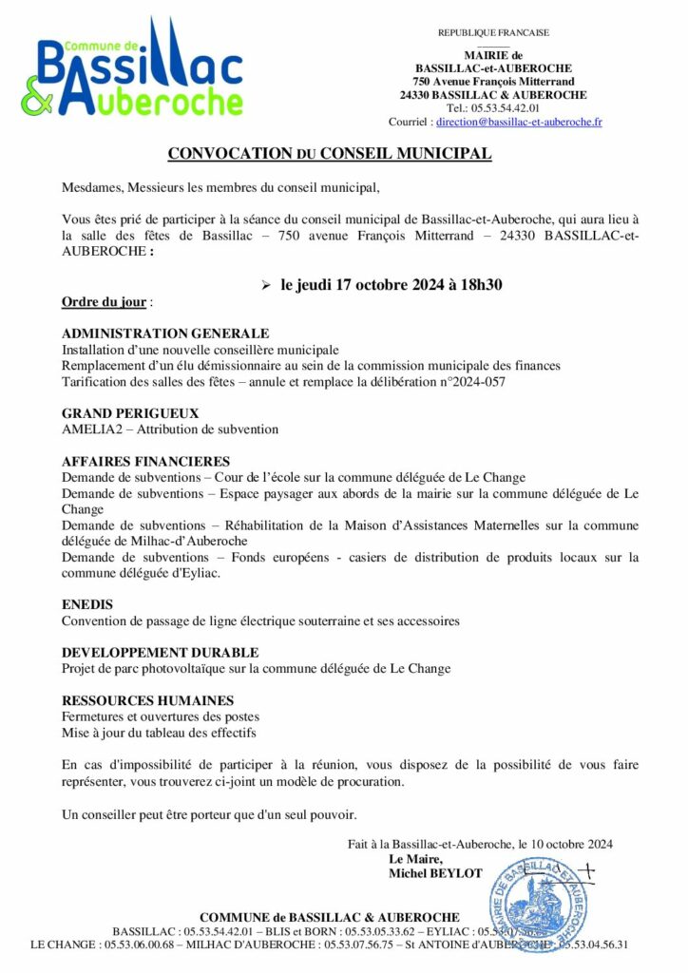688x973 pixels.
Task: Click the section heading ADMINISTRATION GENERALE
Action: point(165,334)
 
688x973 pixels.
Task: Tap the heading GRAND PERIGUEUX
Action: point(130,413)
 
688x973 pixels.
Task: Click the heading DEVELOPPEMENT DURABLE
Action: point(160,653)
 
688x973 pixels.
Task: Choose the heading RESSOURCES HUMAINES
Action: point(147,700)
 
